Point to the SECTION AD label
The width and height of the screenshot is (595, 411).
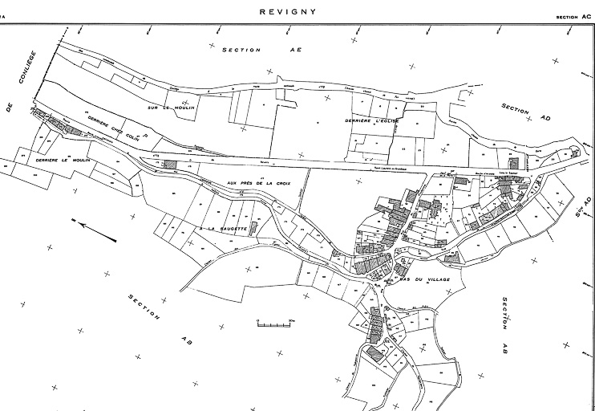(x=525, y=112)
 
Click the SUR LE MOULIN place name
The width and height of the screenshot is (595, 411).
(x=172, y=105)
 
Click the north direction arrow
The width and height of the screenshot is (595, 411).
(x=96, y=232)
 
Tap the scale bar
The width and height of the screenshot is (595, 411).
(x=272, y=324)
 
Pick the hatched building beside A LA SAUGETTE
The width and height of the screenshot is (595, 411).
(x=253, y=229)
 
